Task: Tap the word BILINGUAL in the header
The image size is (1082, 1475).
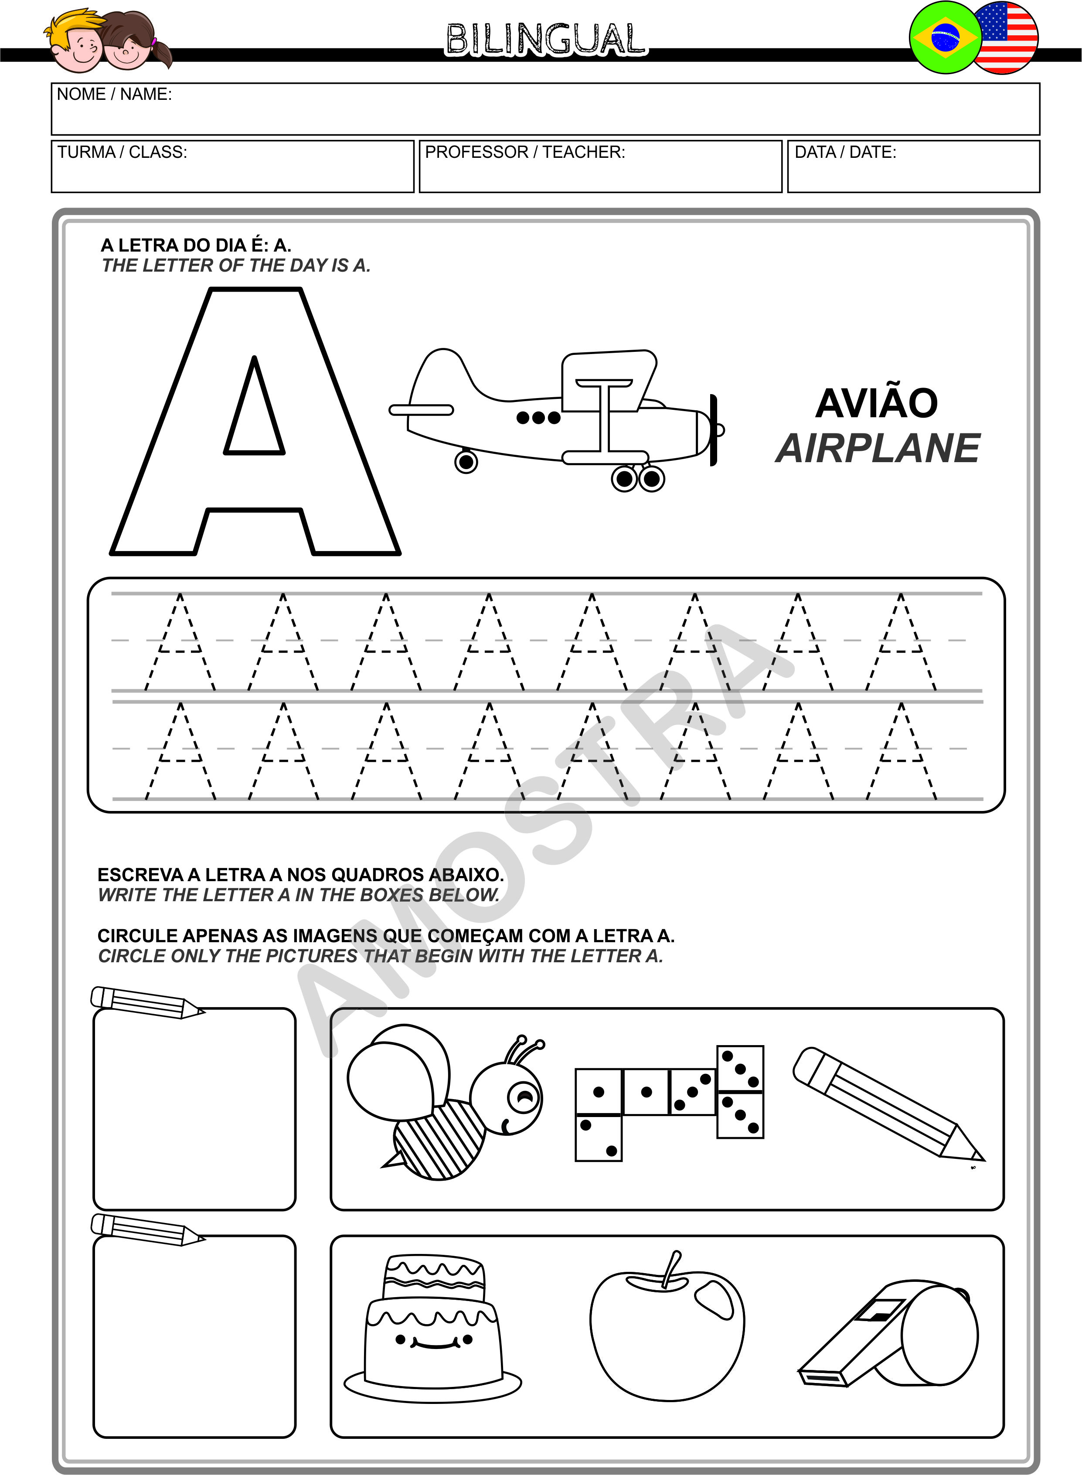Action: click(546, 39)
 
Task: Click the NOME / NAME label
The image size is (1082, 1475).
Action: click(114, 94)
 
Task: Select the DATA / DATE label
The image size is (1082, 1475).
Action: click(845, 152)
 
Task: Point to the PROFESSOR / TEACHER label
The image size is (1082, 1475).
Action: click(524, 152)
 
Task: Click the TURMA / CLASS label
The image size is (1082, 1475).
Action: click(122, 152)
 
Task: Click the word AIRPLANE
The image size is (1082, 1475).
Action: click(878, 449)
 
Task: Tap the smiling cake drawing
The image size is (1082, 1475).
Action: click(433, 1329)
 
